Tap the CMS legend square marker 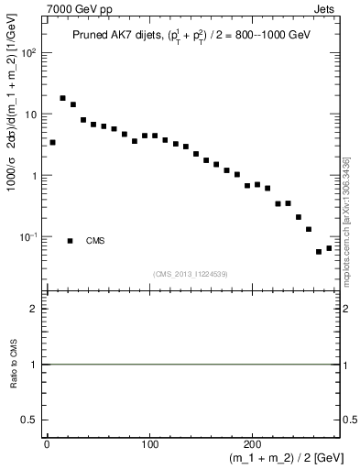71,241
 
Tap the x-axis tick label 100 150,443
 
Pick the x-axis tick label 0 47,443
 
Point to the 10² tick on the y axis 29,52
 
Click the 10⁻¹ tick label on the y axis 29,237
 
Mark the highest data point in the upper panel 62,98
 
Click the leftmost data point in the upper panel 52,142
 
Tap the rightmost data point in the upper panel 329,248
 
